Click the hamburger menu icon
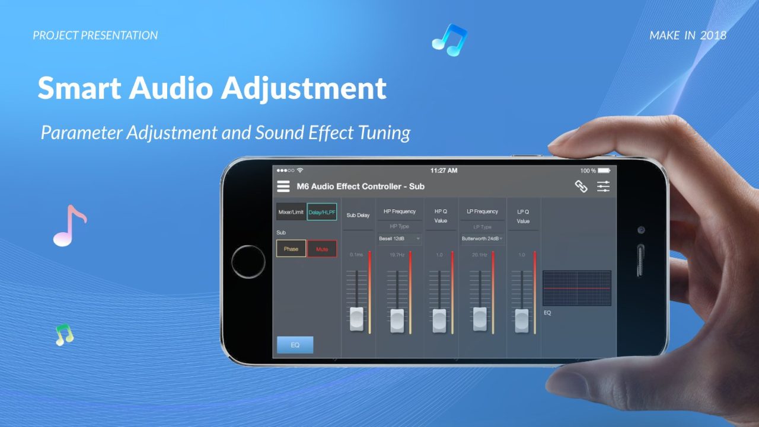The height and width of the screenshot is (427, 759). click(x=283, y=187)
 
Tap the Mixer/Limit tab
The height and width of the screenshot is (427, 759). click(x=291, y=212)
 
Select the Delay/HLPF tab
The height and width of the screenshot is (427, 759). click(x=322, y=212)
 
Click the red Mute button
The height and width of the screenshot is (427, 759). click(x=322, y=249)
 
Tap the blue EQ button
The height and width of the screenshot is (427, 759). click(x=295, y=345)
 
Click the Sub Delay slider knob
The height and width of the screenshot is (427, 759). click(x=357, y=319)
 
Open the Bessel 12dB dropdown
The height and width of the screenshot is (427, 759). click(x=400, y=239)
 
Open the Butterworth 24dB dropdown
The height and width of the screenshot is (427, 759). click(x=483, y=239)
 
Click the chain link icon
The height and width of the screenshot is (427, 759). click(x=581, y=187)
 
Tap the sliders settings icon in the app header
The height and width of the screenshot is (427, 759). click(x=603, y=187)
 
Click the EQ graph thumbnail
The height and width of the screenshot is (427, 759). click(x=576, y=288)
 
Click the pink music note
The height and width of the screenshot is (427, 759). click(x=69, y=226)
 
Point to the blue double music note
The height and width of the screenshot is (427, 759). click(x=450, y=40)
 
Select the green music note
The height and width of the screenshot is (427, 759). click(x=64, y=335)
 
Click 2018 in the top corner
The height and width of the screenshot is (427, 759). click(x=713, y=36)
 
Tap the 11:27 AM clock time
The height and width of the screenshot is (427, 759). click(x=444, y=171)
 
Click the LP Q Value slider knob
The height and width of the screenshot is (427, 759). click(x=522, y=320)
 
